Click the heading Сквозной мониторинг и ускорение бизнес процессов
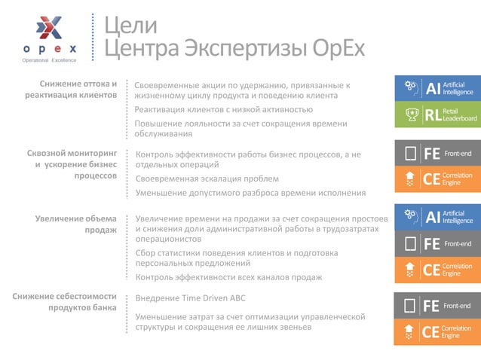tap(72, 165)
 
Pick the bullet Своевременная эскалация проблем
tap(207, 178)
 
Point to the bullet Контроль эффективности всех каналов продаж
tap(228, 277)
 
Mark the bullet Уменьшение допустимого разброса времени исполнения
tap(250, 193)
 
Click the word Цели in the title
tap(130, 25)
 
